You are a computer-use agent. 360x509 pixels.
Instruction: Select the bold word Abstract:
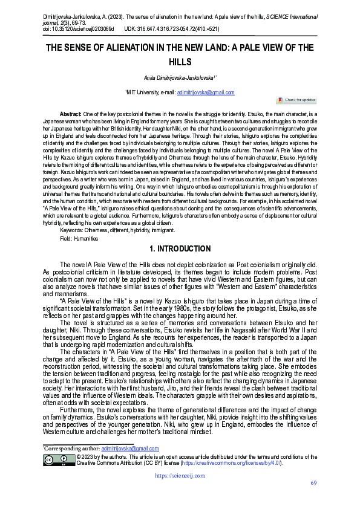[70, 114]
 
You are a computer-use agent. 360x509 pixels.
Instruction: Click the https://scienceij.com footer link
[180, 476]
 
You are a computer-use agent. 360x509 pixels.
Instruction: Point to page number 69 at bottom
[313, 482]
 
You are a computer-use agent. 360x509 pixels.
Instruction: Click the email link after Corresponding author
[130, 449]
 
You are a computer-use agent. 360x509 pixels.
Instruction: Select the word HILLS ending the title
[179, 62]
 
